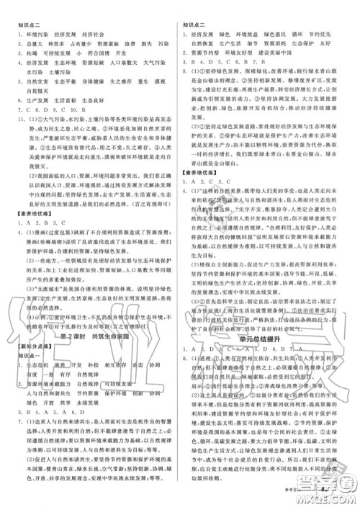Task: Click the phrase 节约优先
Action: pos(328,33)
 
